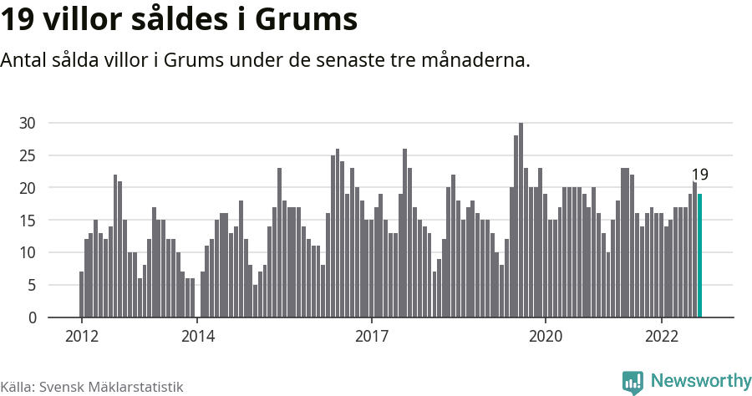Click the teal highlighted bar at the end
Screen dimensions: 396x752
tap(700, 256)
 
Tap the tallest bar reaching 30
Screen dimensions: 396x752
tap(521, 221)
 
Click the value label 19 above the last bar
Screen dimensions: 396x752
tap(700, 175)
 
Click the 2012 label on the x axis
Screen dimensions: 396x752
tap(82, 337)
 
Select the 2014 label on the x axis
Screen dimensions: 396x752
tap(198, 337)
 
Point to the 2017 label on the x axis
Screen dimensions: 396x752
tap(372, 337)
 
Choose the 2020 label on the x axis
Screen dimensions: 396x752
tap(546, 337)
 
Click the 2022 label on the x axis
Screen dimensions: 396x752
tap(662, 337)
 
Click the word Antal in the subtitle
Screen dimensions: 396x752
tap(24, 61)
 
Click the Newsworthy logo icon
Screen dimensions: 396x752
tap(633, 382)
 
